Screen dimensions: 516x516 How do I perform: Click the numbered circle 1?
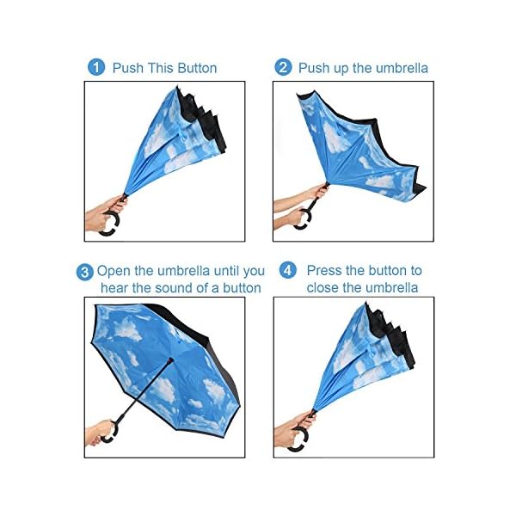(x=96, y=67)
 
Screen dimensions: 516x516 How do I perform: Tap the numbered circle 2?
(x=283, y=67)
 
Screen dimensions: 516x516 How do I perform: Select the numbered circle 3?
(x=84, y=272)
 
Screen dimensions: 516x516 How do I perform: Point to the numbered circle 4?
(x=287, y=270)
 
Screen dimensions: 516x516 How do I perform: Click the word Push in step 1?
(x=128, y=68)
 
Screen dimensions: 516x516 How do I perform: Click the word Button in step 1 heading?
(x=197, y=68)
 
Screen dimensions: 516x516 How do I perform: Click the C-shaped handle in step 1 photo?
(x=112, y=224)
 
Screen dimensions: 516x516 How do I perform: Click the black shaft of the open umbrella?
(x=144, y=390)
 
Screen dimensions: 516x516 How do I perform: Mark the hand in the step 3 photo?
(x=98, y=433)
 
